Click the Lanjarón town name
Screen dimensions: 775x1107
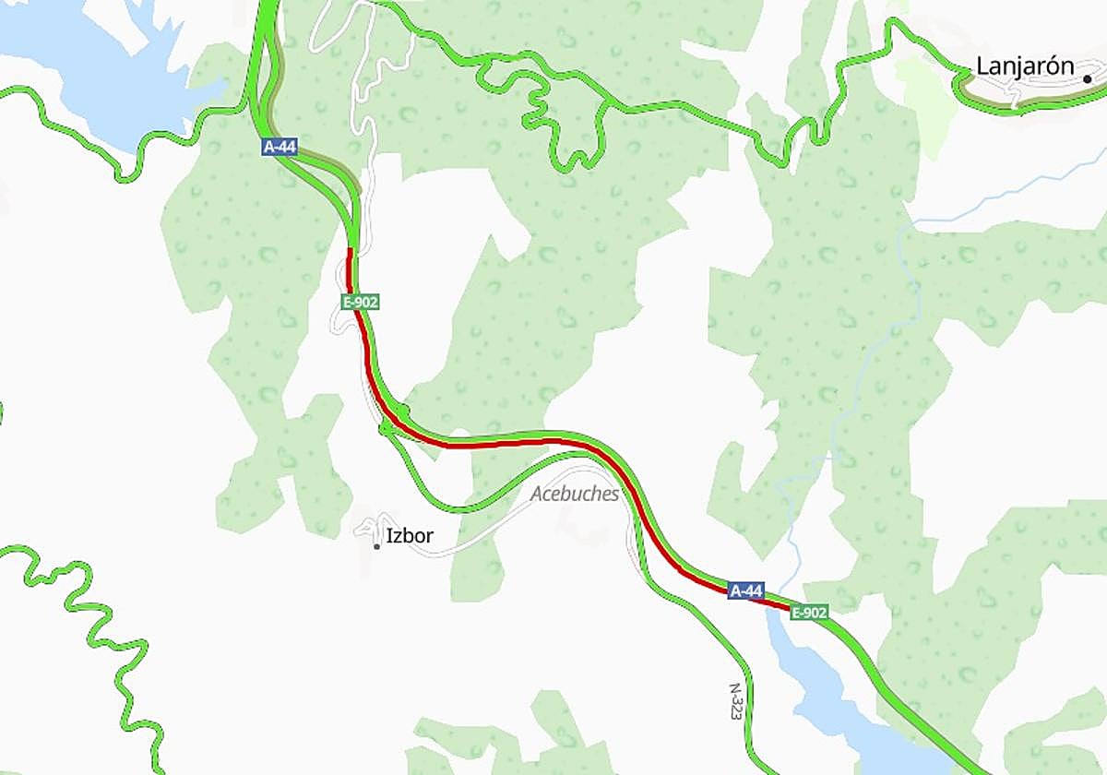(1025, 67)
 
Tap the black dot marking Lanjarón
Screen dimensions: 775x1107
(1088, 79)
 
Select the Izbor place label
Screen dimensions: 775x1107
(410, 536)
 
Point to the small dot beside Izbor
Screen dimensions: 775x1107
(376, 547)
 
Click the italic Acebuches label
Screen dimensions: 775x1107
(574, 495)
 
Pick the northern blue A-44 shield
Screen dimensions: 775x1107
(279, 147)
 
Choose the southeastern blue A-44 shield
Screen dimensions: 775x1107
(745, 590)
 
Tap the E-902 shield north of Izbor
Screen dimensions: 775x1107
(360, 302)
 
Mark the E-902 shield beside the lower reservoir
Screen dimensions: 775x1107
(808, 612)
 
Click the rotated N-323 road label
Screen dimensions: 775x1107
(735, 702)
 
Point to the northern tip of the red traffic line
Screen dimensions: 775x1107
(351, 251)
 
